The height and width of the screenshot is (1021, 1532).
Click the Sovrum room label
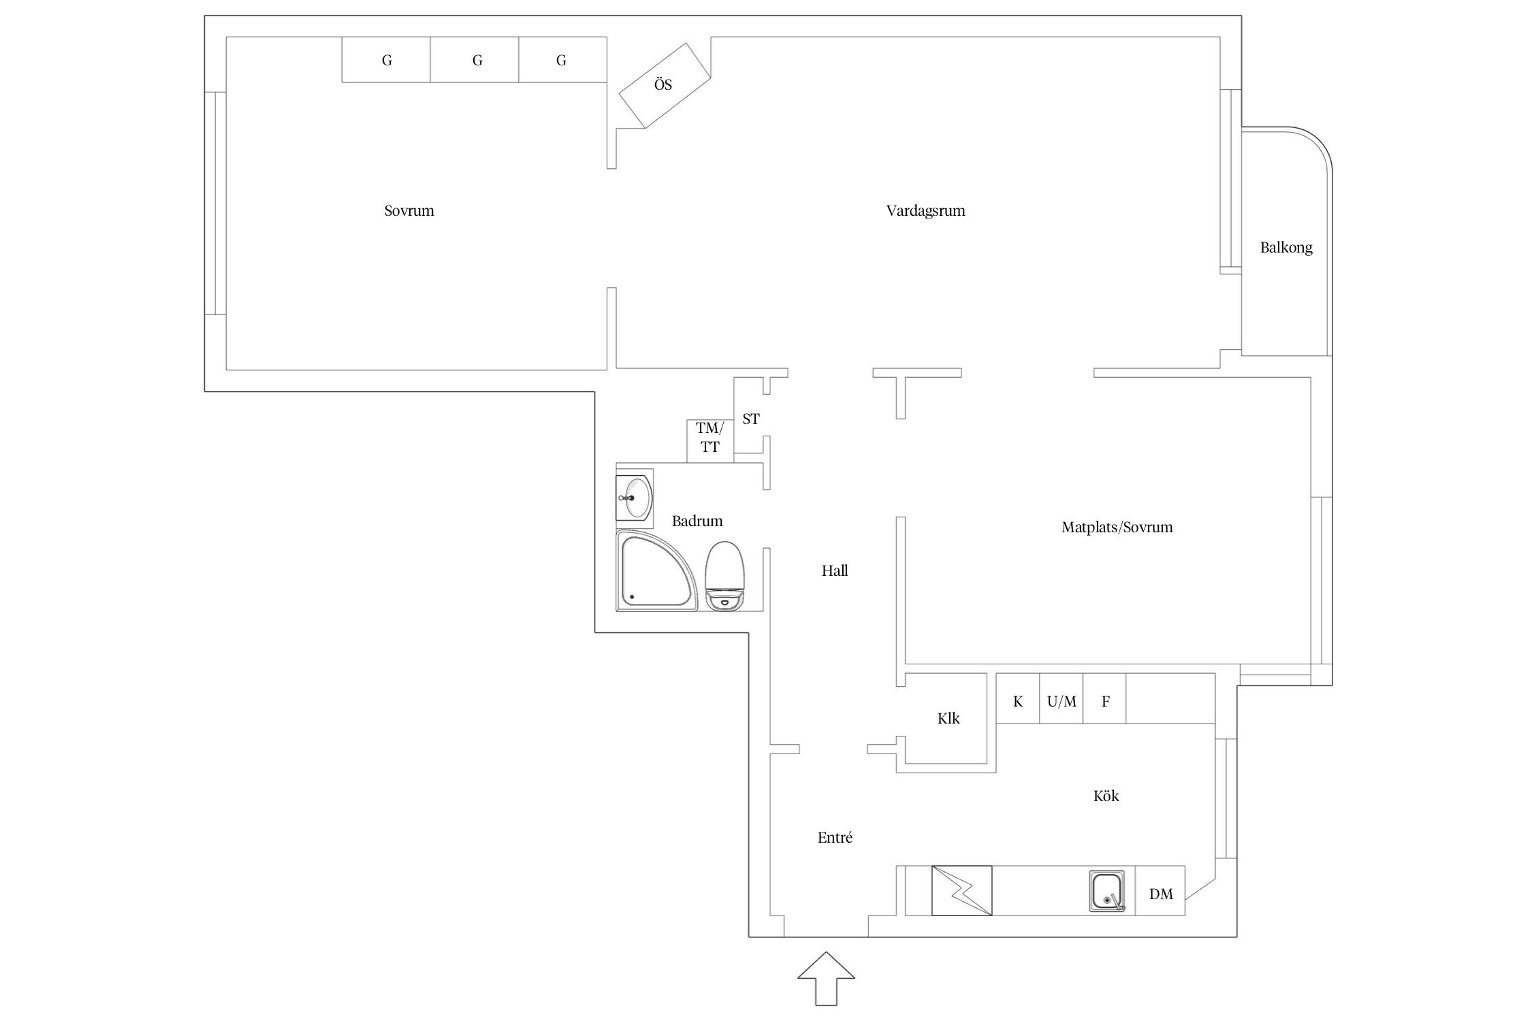pyautogui.click(x=409, y=211)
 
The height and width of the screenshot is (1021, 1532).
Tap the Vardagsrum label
pyautogui.click(x=925, y=211)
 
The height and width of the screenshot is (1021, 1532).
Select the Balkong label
pyautogui.click(x=1286, y=248)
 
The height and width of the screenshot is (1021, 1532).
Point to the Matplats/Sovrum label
pyautogui.click(x=1117, y=527)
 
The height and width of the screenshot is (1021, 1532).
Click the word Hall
pyautogui.click(x=835, y=570)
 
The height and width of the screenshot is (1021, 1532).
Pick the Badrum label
pyautogui.click(x=697, y=521)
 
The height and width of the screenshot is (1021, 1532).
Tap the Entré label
pyautogui.click(x=835, y=838)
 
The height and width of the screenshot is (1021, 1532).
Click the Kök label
pyautogui.click(x=1106, y=796)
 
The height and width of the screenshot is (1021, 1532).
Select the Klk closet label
pyautogui.click(x=948, y=718)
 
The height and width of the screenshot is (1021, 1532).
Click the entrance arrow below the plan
pyautogui.click(x=826, y=979)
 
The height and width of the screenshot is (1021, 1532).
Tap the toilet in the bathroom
pyautogui.click(x=726, y=576)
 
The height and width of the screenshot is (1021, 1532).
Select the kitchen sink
pyautogui.click(x=1107, y=891)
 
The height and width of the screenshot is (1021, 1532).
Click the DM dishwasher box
pyautogui.click(x=1160, y=890)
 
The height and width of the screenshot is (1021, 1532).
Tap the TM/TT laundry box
pyautogui.click(x=709, y=441)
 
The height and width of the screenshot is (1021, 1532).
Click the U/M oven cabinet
pyautogui.click(x=1061, y=698)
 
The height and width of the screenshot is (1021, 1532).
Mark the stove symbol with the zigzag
pyautogui.click(x=961, y=890)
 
